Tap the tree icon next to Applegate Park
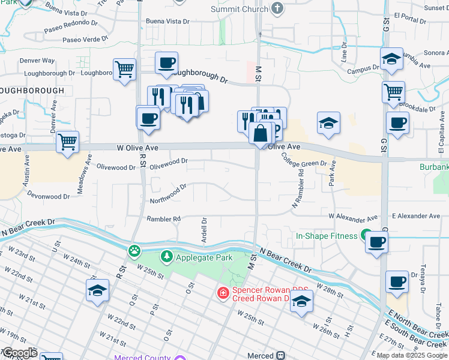(x=166, y=257)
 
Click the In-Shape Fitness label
(x=327, y=236)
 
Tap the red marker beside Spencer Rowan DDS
(x=223, y=293)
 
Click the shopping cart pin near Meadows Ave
(x=67, y=143)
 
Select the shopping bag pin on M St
(x=261, y=133)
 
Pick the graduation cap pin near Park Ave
(x=328, y=124)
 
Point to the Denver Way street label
(x=37, y=61)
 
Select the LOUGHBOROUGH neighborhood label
(x=32, y=90)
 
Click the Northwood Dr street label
(x=169, y=194)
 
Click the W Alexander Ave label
(x=353, y=217)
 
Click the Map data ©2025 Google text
(x=412, y=355)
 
